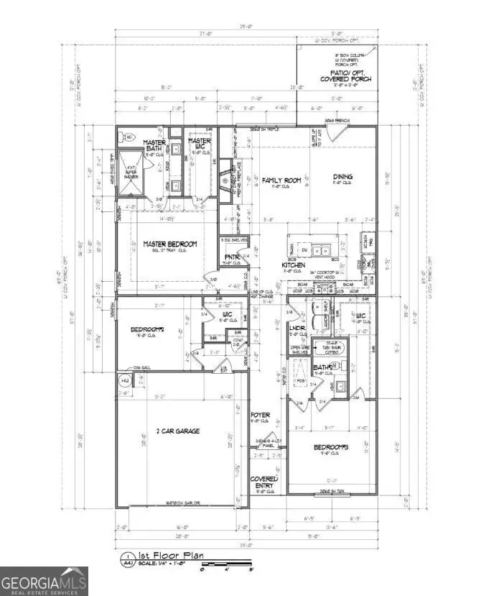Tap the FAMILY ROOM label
pos(281,180)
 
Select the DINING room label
pos(342,178)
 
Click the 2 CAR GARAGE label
pos(175,431)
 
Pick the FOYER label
pos(259,416)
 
